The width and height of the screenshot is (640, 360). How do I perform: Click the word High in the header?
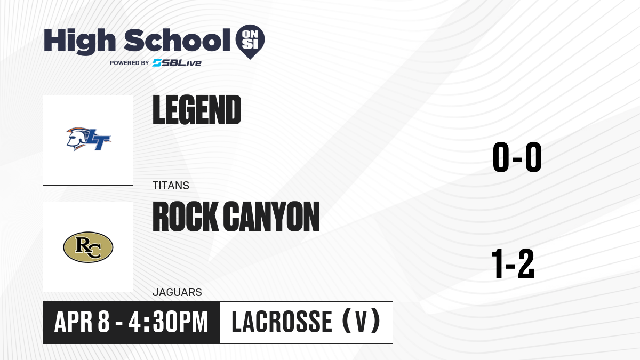pos(79,41)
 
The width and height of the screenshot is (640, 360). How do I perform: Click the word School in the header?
pos(177,39)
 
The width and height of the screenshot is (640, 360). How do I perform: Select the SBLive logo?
pos(177,63)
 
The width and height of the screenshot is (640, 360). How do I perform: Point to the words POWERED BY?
pos(130,63)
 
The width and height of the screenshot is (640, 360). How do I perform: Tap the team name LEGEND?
pos(197,110)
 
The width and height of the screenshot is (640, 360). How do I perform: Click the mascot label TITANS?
pos(171,186)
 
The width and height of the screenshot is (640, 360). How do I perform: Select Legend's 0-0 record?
pos(517,157)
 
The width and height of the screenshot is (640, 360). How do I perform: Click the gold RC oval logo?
pos(88,247)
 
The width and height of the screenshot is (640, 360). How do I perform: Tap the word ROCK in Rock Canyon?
pos(185,217)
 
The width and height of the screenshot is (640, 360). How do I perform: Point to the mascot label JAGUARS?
pos(177,292)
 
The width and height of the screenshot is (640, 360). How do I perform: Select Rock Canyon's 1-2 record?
pos(513,263)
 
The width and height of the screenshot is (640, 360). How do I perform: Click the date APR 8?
pos(82,322)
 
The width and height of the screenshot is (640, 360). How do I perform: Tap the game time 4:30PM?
pos(169,322)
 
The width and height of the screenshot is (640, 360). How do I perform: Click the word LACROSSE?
pos(282,322)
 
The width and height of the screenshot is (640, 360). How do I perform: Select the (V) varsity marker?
pos(362,322)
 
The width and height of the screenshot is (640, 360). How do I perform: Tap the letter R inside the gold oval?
pos(83,245)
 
